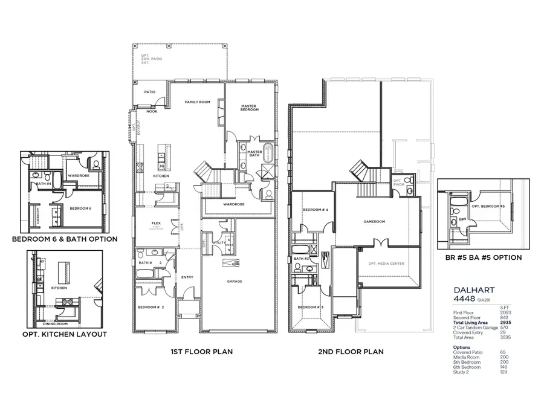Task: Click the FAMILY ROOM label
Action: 197,102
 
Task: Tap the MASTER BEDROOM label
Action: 249,107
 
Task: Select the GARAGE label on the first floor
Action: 234,281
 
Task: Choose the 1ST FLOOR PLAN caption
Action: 202,351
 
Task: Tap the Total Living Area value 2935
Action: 505,323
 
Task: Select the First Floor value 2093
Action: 505,312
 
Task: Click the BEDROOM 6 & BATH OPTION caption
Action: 65,239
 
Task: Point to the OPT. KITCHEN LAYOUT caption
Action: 65,334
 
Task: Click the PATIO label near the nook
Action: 149,92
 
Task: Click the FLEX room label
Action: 155,224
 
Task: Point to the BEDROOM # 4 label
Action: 315,210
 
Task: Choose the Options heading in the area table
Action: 462,347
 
